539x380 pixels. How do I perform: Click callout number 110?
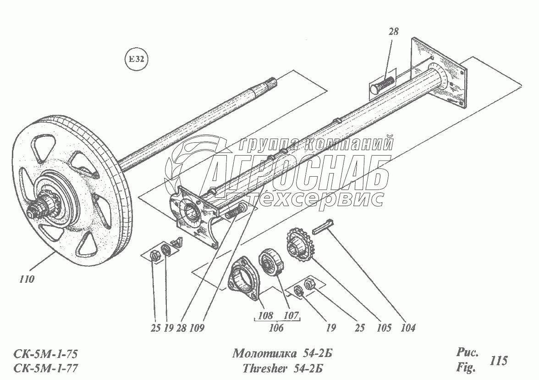27,279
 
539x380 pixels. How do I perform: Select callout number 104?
407,328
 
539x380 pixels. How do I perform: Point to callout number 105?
384,328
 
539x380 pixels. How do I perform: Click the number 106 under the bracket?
276,328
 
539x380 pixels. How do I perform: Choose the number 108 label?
265,316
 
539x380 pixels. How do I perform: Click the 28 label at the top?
393,32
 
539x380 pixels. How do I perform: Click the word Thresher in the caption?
260,369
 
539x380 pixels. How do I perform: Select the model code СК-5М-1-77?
46,369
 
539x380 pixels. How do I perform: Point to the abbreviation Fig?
465,368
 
